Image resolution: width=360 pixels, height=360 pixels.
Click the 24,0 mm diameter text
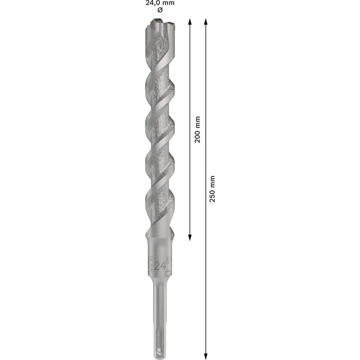[x=160, y=3]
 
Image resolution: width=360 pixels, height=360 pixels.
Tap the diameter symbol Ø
[x=160, y=11]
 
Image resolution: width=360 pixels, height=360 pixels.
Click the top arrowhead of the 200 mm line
[x=190, y=22]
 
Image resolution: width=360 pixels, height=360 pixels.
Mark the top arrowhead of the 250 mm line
[x=206, y=22]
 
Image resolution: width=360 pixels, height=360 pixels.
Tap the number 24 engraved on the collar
[x=160, y=266]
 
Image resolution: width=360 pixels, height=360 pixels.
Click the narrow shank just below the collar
[x=160, y=300]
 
